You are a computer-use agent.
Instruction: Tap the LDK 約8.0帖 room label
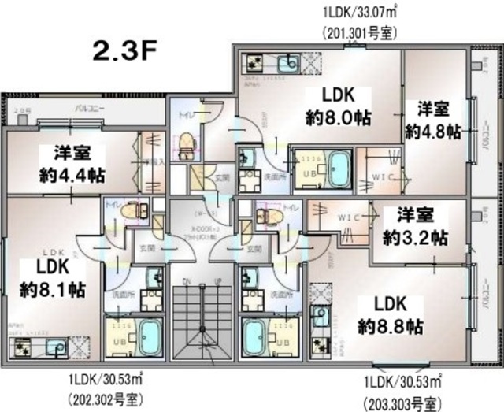pos(339,106)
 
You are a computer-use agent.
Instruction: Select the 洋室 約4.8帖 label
pos(432,120)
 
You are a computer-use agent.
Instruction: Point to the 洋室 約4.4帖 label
pos(74,162)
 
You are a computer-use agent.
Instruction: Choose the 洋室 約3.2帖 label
pos(415,225)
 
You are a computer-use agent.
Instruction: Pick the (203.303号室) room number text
pos(403,403)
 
